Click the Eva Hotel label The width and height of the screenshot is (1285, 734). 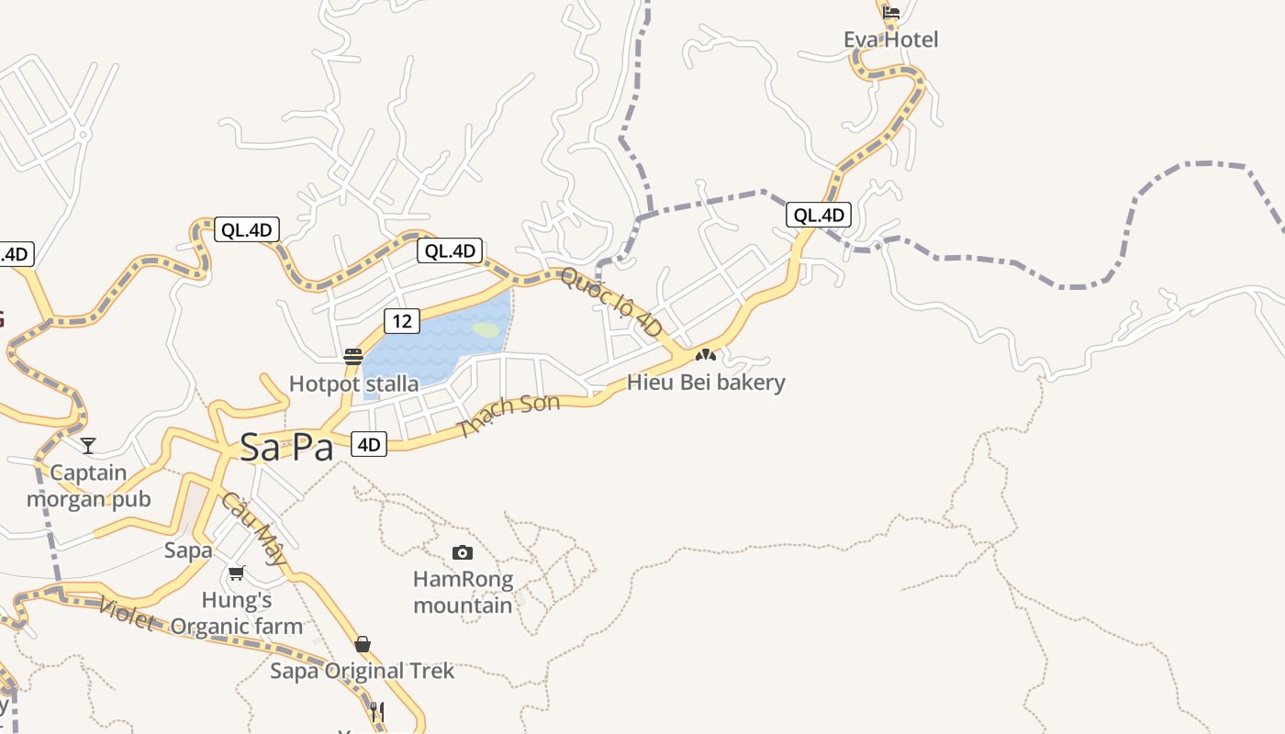[890, 39]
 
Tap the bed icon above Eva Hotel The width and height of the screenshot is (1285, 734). [890, 13]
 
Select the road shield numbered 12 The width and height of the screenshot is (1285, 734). [401, 320]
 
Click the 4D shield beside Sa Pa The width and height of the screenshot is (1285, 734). [368, 445]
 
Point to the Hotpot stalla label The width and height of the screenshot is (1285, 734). [353, 384]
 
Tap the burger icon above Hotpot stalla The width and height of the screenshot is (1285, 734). [353, 357]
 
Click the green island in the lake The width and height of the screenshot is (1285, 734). [486, 329]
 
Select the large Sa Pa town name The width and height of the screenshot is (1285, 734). [285, 447]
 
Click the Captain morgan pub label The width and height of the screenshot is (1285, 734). [88, 486]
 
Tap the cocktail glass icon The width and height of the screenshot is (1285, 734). [88, 446]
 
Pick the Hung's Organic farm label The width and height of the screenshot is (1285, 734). [236, 614]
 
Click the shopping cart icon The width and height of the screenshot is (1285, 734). [236, 573]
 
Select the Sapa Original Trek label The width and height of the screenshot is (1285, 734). [362, 671]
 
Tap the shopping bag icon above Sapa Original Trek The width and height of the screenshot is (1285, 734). [363, 644]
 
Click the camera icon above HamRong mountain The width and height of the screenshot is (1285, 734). [463, 552]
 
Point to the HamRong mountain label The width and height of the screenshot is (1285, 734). [463, 592]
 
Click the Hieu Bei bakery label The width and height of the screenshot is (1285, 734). [706, 382]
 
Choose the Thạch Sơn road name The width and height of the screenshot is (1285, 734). [509, 415]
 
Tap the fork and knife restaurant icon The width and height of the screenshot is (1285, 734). [376, 711]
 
